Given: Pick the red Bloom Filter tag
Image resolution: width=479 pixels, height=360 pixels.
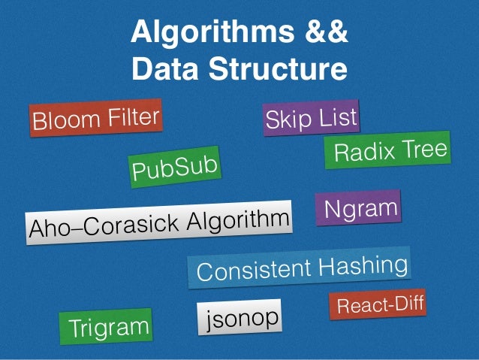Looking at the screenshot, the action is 95,119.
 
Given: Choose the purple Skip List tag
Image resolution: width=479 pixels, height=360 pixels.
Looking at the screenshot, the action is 311,119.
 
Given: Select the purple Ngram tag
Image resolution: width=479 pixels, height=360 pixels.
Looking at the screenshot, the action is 357,207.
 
